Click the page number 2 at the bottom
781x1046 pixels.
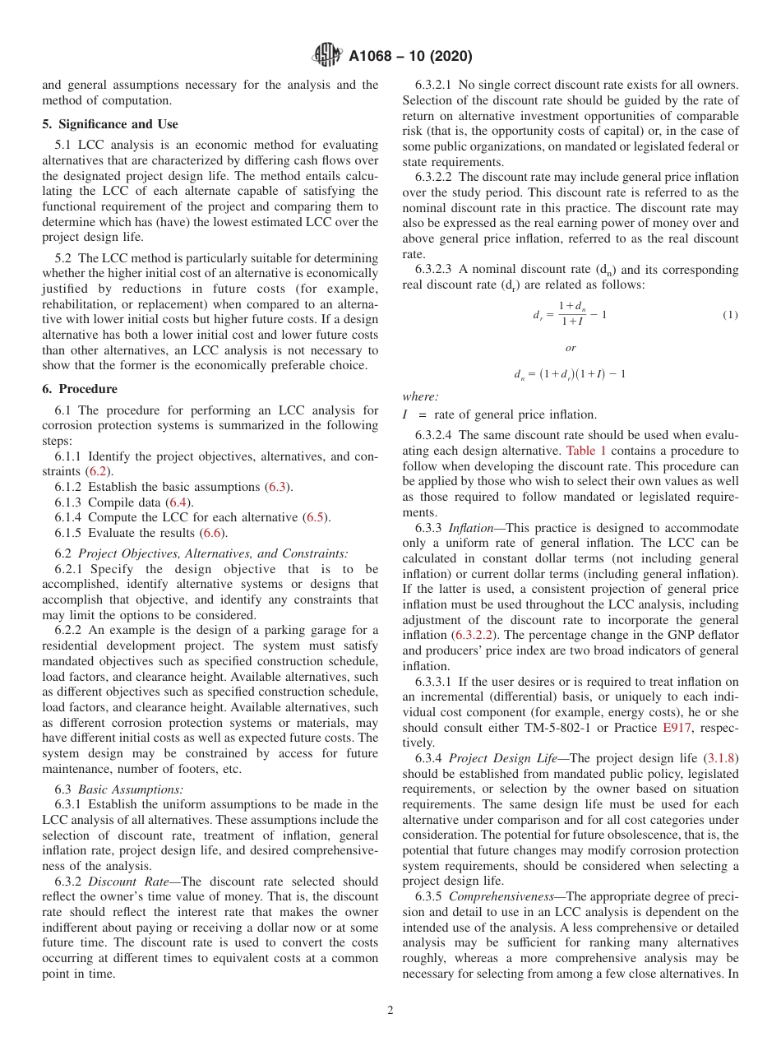point(390,1011)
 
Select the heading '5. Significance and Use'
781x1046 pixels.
point(109,124)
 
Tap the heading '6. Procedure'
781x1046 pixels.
point(79,389)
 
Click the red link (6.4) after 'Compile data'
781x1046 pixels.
point(177,502)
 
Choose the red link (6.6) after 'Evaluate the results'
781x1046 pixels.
point(214,533)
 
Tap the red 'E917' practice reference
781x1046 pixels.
point(677,728)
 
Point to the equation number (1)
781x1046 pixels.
point(730,315)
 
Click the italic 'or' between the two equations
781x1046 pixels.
point(571,348)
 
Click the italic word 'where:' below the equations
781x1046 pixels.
point(420,396)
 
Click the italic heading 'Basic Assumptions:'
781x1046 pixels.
point(131,789)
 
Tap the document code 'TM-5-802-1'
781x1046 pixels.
point(562,728)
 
